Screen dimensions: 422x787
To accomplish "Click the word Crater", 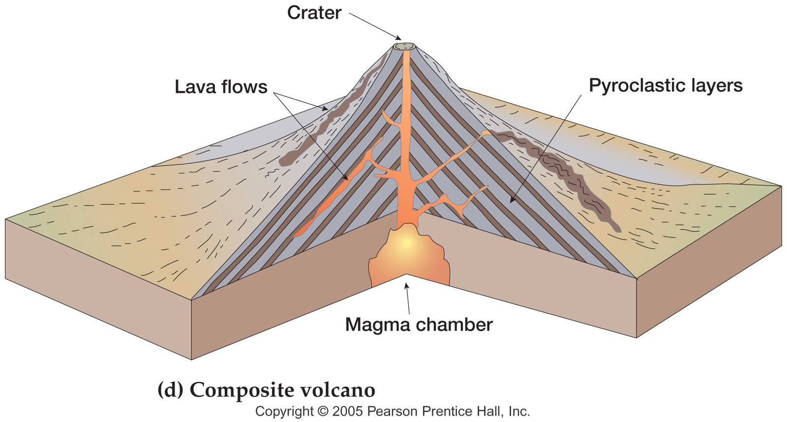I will tap(314, 13).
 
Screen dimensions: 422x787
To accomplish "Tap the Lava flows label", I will tap(221, 87).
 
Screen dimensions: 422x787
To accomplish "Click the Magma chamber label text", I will tap(419, 325).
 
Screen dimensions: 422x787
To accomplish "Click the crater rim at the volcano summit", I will tap(404, 47).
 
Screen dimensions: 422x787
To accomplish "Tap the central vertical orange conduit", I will tap(406, 123).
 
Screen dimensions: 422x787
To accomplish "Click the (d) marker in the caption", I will tap(170, 390).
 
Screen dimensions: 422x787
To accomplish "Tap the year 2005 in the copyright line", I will tap(347, 411).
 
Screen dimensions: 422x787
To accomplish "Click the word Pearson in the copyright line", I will tap(393, 411).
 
